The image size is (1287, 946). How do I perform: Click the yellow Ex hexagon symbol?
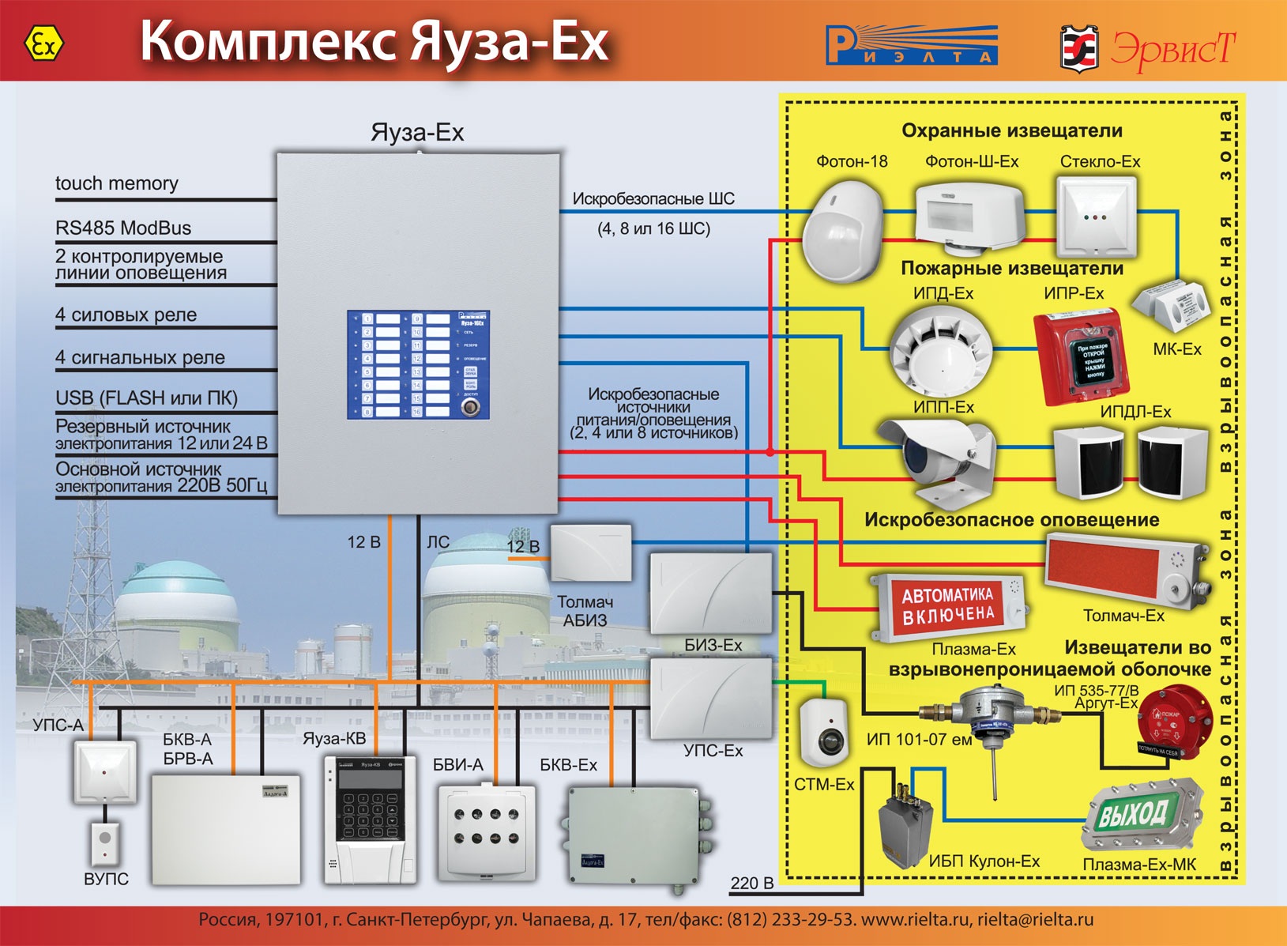click(x=44, y=44)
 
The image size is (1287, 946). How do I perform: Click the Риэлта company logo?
click(x=911, y=45)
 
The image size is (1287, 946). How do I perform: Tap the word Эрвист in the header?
click(x=1172, y=49)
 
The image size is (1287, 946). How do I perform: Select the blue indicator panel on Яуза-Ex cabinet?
click(x=418, y=364)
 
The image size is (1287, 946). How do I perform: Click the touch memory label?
click(x=117, y=183)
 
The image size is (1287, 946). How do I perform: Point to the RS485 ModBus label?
click(x=123, y=228)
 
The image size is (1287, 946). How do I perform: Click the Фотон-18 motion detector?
click(x=843, y=230)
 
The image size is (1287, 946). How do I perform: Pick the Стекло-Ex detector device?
click(x=1097, y=215)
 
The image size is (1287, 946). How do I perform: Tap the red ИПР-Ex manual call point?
click(x=1082, y=356)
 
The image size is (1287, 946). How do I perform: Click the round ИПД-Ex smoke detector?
click(x=941, y=351)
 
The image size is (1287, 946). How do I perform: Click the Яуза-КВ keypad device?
click(x=370, y=819)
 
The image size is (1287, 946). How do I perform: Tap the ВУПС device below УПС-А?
click(x=104, y=843)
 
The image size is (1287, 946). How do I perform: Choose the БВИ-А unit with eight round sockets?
click(x=485, y=829)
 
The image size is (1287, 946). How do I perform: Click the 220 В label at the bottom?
click(x=751, y=883)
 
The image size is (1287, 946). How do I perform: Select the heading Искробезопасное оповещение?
click(x=1011, y=520)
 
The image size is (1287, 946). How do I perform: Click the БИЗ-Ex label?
click(x=713, y=645)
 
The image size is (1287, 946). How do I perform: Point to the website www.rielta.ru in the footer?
click(x=914, y=920)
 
